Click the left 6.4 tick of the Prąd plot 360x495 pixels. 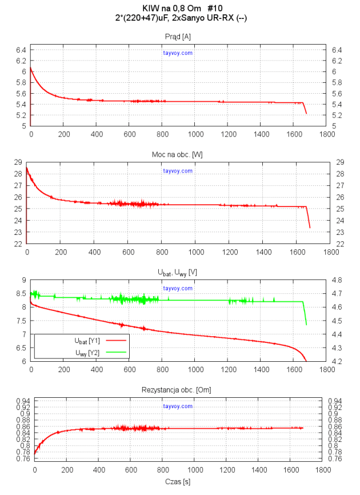21,50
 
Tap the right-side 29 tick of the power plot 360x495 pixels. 337,162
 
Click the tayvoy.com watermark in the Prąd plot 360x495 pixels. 178,53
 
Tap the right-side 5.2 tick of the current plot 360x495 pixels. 337,115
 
